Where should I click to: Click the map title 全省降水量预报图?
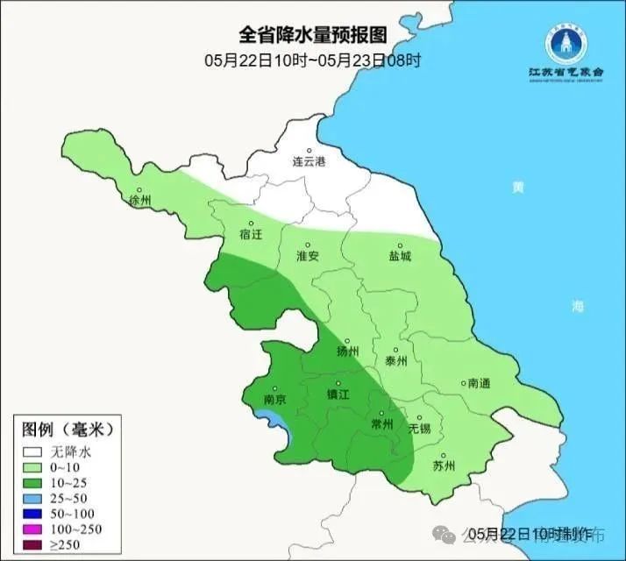[313, 35]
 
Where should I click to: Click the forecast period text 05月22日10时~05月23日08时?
[313, 60]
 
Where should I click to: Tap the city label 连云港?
[309, 162]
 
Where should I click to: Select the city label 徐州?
[140, 201]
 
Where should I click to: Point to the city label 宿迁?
[251, 234]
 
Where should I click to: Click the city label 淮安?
[307, 256]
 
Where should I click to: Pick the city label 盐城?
[400, 256]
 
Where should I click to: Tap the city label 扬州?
[348, 352]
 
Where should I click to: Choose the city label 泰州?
[396, 359]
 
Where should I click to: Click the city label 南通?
[479, 383]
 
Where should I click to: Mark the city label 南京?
[275, 399]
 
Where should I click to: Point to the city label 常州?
[382, 423]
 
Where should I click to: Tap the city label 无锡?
[420, 428]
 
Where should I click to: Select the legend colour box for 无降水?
[34, 452]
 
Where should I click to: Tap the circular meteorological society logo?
[565, 40]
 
